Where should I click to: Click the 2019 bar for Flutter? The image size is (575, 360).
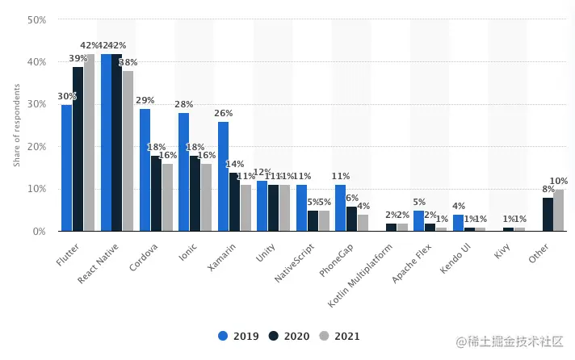click(66, 168)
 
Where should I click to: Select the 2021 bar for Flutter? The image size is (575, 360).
click(89, 143)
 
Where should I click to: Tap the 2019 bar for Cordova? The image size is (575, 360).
click(145, 170)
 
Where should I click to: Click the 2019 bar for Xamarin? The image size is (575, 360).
click(223, 177)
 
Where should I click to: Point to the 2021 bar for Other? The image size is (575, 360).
click(559, 211)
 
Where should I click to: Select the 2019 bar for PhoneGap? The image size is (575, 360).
click(340, 208)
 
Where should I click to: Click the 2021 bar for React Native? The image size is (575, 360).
click(128, 151)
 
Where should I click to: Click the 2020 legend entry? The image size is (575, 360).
click(287, 336)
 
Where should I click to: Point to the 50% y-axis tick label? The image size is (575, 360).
click(36, 19)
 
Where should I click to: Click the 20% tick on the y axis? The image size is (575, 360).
click(36, 147)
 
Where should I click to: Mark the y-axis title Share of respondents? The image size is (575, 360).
click(16, 125)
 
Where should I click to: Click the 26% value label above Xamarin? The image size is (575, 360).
click(223, 114)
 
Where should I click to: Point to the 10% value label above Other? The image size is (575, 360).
click(559, 182)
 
